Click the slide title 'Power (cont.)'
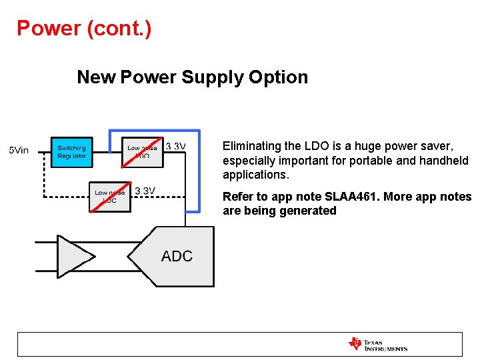pos(84,29)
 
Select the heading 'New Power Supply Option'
pos(192,77)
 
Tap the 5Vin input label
pos(19,150)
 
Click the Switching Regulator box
pos(72,152)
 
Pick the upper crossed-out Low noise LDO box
pos(142,152)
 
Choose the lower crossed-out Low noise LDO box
pos(111,197)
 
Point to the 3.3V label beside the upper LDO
pos(175,146)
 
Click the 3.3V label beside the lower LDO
pos(145,191)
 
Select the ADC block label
pos(177,256)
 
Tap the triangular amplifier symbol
pos(74,257)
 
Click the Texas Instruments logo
pos(377,345)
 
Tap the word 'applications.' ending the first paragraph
pos(256,175)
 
